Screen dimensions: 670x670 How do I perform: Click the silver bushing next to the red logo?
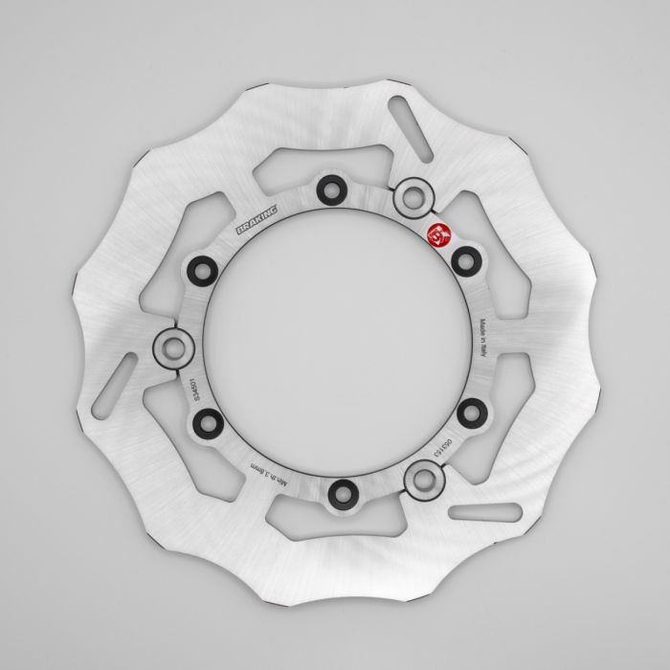tap(413, 197)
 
